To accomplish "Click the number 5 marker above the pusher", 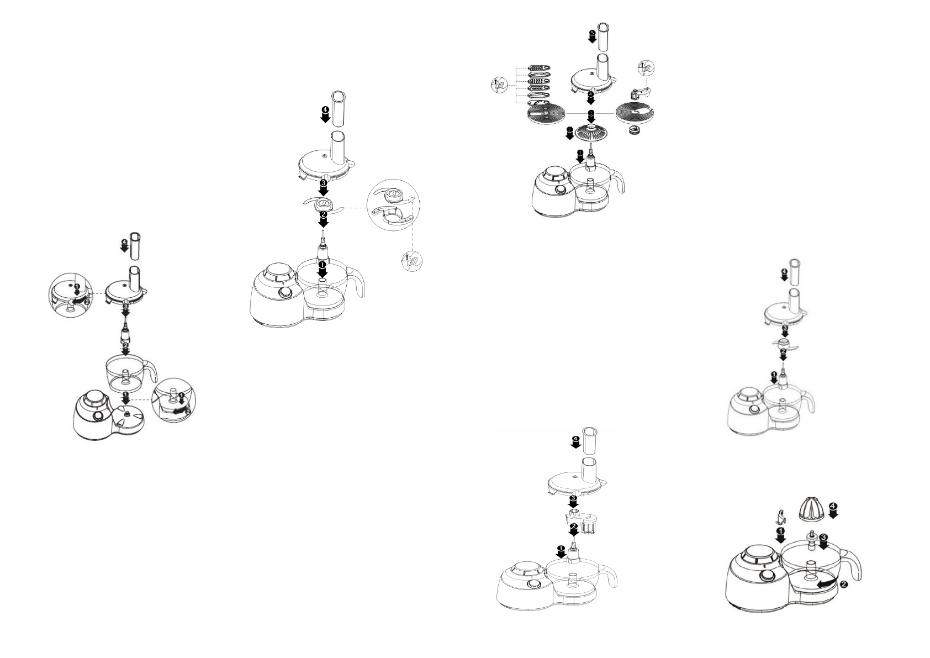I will pos(591,34).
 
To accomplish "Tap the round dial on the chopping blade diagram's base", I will pos(286,293).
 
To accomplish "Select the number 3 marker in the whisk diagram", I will pos(573,498).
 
